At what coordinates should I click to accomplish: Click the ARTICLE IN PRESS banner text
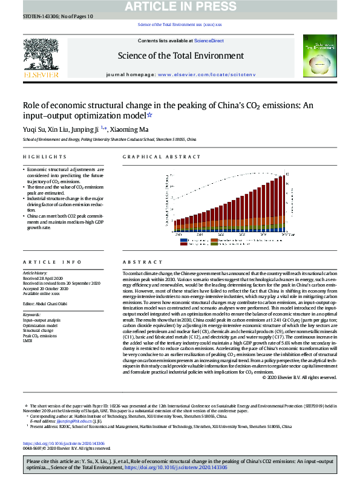pyautogui.click(x=181, y=7)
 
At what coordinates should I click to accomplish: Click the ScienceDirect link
pyautogui.click(x=209, y=41)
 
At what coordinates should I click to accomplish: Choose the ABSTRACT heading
pyautogui.click(x=139, y=262)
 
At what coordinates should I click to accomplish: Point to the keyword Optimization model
pyautogui.click(x=41, y=325)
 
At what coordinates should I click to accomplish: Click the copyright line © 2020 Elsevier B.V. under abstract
pyautogui.click(x=299, y=377)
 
